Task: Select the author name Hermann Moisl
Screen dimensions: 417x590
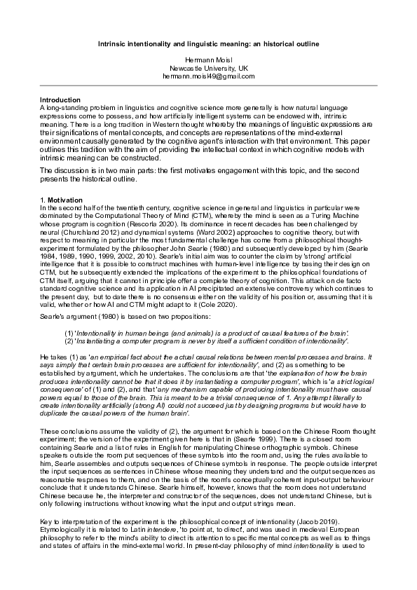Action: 209,61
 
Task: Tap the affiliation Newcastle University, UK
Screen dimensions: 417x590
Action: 209,69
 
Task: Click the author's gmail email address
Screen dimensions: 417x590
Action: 209,76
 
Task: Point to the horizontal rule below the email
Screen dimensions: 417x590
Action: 209,86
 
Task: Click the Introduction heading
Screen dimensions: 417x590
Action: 60,100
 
